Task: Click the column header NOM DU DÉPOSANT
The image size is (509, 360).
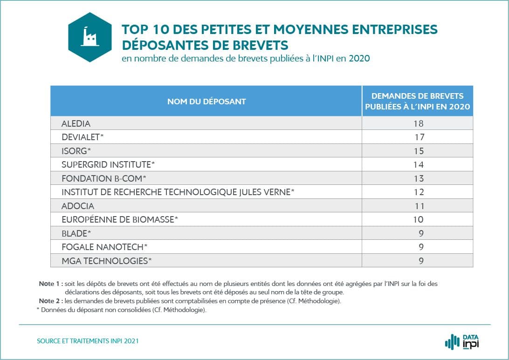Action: (206, 102)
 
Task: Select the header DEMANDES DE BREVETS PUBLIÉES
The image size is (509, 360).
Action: (417, 102)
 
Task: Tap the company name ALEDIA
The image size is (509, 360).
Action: (76, 123)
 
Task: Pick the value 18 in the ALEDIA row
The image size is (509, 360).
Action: (418, 123)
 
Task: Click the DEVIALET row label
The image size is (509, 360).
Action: (83, 137)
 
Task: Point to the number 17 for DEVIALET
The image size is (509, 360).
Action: (418, 137)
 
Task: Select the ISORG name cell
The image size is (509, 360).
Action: (76, 151)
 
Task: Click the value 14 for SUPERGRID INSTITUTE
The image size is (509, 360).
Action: (418, 164)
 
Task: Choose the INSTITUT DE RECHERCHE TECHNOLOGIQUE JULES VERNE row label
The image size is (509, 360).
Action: (178, 192)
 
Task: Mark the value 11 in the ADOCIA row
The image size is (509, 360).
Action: (418, 206)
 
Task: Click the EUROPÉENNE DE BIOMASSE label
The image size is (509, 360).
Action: (120, 219)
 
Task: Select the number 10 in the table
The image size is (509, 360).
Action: (418, 219)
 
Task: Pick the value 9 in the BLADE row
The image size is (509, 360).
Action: (420, 233)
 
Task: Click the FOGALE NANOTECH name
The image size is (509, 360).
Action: (104, 247)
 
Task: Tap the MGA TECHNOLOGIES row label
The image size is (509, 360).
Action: (107, 261)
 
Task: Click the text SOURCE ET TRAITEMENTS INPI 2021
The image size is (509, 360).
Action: (88, 341)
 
